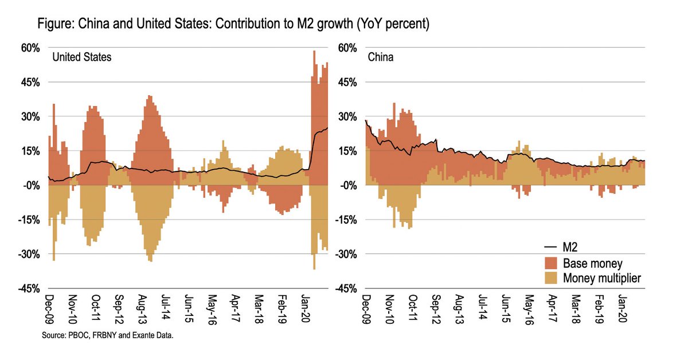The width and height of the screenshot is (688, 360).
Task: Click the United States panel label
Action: tap(82, 57)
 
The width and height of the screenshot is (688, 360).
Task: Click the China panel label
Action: tap(380, 57)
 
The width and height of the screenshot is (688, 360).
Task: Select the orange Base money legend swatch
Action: tap(550, 263)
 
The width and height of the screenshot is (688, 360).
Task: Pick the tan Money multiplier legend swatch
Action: tap(550, 278)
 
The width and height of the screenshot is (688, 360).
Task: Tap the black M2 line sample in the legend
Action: tap(550, 247)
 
